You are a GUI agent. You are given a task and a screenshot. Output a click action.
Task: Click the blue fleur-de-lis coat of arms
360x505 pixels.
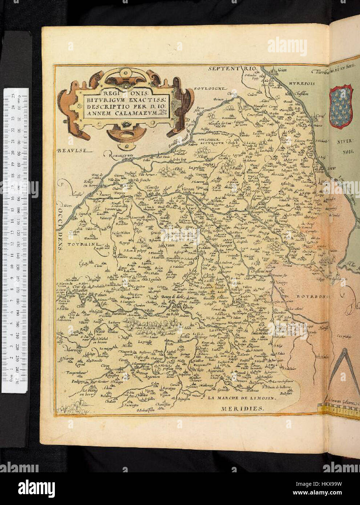[x=341, y=106]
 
